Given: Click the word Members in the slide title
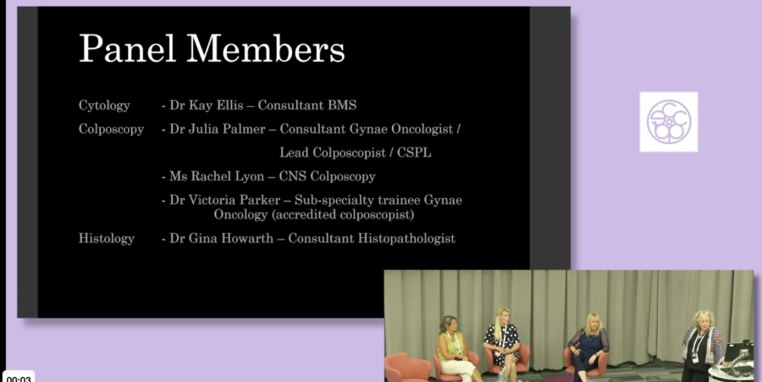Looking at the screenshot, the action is click(265, 48).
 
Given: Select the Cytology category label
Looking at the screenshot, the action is click(104, 106).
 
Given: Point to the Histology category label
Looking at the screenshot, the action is click(107, 238).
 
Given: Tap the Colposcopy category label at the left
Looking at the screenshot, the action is click(111, 130).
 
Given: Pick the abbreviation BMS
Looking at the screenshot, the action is click(342, 105).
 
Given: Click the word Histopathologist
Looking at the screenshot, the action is click(406, 239).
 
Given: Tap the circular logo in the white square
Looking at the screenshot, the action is click(669, 121).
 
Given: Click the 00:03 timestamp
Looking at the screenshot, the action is click(19, 379).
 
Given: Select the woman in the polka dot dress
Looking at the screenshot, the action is click(501, 343).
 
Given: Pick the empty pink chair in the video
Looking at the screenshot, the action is click(406, 369).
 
